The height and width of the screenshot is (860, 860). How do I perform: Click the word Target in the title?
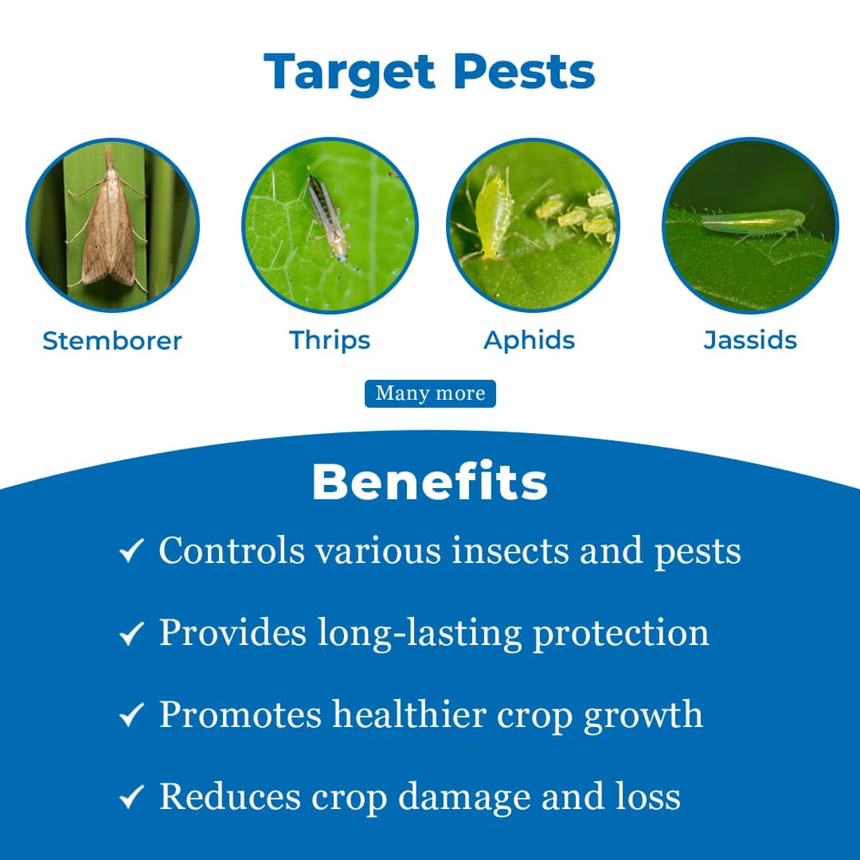tap(350, 72)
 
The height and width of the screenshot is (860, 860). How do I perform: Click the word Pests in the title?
tap(525, 72)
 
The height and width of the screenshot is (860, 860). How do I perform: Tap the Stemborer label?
tap(112, 341)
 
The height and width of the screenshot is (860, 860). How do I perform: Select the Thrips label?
tap(330, 340)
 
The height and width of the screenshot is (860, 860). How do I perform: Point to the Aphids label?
tap(530, 340)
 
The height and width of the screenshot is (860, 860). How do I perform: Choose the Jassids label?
tap(750, 340)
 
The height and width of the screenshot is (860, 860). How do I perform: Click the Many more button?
tap(430, 393)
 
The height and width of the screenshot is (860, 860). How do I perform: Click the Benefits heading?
tap(430, 482)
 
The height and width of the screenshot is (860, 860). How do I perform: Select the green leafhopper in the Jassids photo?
tap(752, 222)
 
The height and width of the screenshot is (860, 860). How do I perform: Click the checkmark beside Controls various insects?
tap(131, 551)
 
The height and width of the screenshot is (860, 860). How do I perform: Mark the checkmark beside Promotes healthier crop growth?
tap(131, 715)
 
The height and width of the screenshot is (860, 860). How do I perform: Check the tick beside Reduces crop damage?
tap(131, 797)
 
